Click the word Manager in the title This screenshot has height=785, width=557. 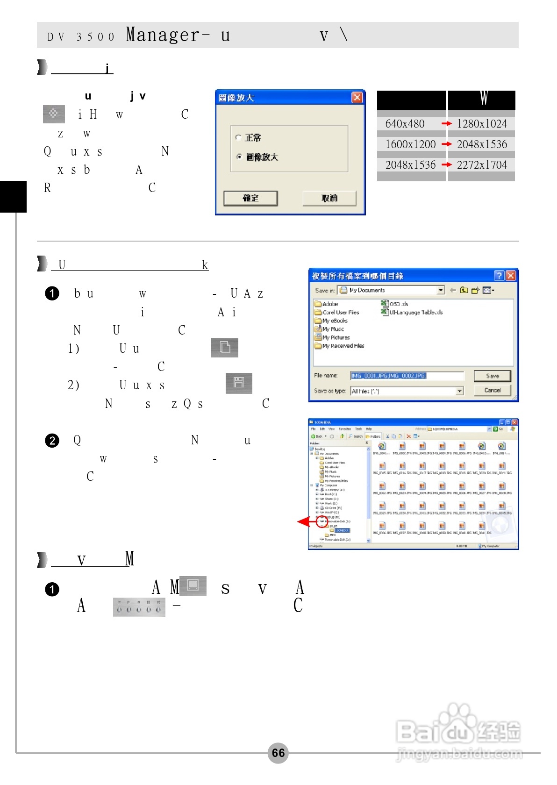coord(164,35)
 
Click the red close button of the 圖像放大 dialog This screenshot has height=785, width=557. coord(357,97)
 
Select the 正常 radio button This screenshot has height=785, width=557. coord(239,137)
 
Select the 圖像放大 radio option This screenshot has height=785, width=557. coord(239,157)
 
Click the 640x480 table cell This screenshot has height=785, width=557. coord(405,124)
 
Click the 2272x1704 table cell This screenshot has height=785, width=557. coord(482,165)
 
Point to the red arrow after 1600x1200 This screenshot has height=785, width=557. coord(447,144)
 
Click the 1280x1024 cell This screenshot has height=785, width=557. coord(482,124)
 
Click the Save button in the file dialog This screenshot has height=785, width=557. coord(492,376)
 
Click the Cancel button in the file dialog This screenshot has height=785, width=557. coord(492,390)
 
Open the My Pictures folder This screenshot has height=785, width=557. coord(336,337)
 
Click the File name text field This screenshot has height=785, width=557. coord(407,376)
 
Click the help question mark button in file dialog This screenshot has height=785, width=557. coord(499,276)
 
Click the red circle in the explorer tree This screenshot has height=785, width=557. coord(321,521)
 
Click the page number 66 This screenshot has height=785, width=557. coord(278,753)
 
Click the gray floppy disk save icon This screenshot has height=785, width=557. coord(239,383)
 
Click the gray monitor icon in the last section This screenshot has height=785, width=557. coord(193,585)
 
